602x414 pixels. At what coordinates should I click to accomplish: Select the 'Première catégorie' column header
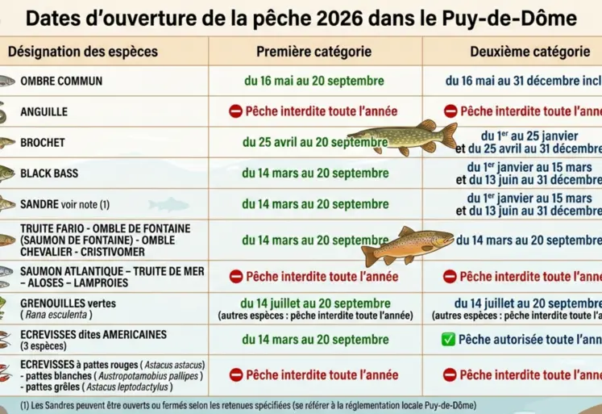pyautogui.click(x=313, y=52)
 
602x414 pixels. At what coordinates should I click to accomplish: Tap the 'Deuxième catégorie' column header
pyautogui.click(x=529, y=52)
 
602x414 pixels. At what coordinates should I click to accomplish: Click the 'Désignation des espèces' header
pyautogui.click(x=83, y=52)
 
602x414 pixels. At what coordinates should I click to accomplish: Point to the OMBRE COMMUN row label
pyautogui.click(x=61, y=82)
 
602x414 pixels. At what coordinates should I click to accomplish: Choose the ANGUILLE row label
pyautogui.click(x=44, y=112)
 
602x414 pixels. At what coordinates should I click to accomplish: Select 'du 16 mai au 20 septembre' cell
pyautogui.click(x=313, y=82)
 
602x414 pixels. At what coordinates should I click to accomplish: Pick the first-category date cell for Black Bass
pyautogui.click(x=313, y=173)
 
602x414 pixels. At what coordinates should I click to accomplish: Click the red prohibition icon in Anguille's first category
pyautogui.click(x=235, y=111)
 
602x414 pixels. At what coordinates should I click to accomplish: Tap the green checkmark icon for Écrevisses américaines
pyautogui.click(x=449, y=340)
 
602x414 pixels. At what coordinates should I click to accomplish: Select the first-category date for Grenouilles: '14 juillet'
pyautogui.click(x=313, y=303)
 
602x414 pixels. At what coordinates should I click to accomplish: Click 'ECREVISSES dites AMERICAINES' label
pyautogui.click(x=93, y=334)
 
